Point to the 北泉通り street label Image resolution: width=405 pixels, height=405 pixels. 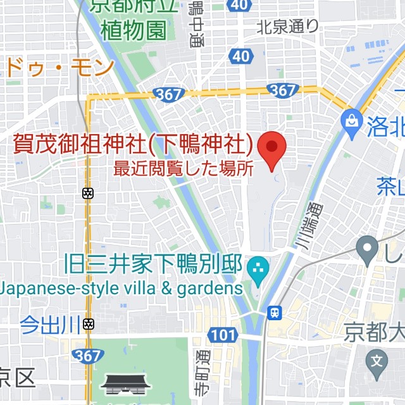(288, 27)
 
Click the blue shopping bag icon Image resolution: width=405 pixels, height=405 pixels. (350, 118)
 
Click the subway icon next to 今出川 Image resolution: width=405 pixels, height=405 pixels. (89, 325)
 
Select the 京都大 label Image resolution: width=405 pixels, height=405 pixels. (374, 331)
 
